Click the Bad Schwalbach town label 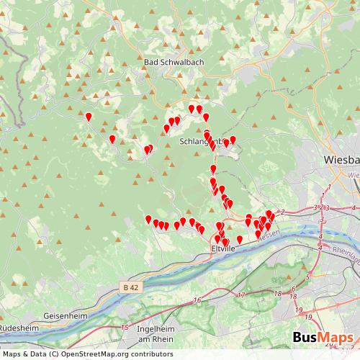click(x=174, y=63)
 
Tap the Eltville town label click(x=222, y=248)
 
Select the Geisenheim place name click(x=65, y=315)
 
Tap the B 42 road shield click(x=130, y=288)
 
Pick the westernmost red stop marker click(x=89, y=117)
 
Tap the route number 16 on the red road click(x=197, y=300)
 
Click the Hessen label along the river click(x=267, y=235)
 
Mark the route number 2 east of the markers click(x=283, y=212)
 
